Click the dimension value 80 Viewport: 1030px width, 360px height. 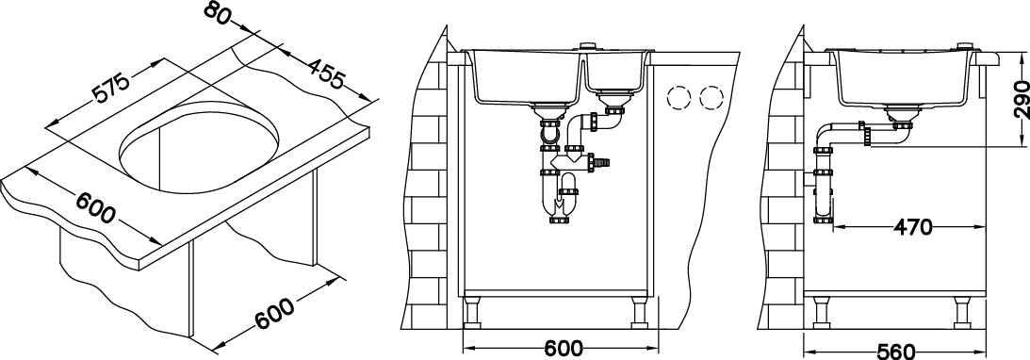(x=218, y=13)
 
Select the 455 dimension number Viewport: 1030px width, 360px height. (x=326, y=73)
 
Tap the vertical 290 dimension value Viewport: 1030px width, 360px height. (x=1020, y=100)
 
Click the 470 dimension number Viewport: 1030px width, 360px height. (x=912, y=227)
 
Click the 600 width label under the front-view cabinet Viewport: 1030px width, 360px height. (x=564, y=348)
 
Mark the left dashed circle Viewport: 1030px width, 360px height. (x=678, y=99)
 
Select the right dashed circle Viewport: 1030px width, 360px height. (x=711, y=99)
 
